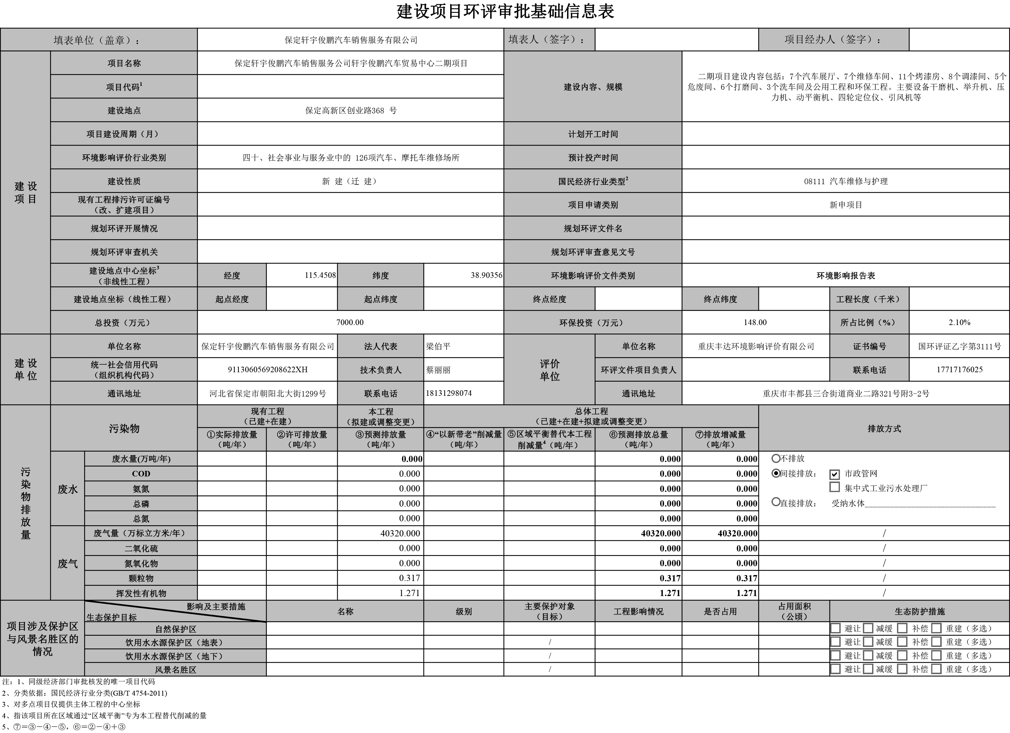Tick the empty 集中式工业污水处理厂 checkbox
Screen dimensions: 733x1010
[x=834, y=487]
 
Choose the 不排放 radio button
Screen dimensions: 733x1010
[x=776, y=458]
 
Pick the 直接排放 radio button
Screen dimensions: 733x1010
[x=776, y=502]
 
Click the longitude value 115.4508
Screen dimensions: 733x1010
[x=320, y=275]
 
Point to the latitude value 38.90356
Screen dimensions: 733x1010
[x=486, y=275]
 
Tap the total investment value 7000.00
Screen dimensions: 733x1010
[x=350, y=322]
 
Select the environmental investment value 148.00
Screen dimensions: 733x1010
[x=755, y=322]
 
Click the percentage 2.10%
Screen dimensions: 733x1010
[x=959, y=322]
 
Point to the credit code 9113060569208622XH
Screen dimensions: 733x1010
[x=268, y=370]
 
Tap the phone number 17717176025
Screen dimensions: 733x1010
[x=959, y=370]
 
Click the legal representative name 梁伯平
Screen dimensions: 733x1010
[x=438, y=346]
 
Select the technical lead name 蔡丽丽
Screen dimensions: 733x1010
[x=438, y=370]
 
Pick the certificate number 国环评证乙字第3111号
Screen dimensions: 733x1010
[x=959, y=346]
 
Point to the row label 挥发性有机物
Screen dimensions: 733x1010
[x=141, y=593]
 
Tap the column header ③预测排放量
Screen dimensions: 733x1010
[x=381, y=439]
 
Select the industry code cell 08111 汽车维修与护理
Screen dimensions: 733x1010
[x=846, y=181]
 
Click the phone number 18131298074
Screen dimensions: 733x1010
[x=449, y=393]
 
